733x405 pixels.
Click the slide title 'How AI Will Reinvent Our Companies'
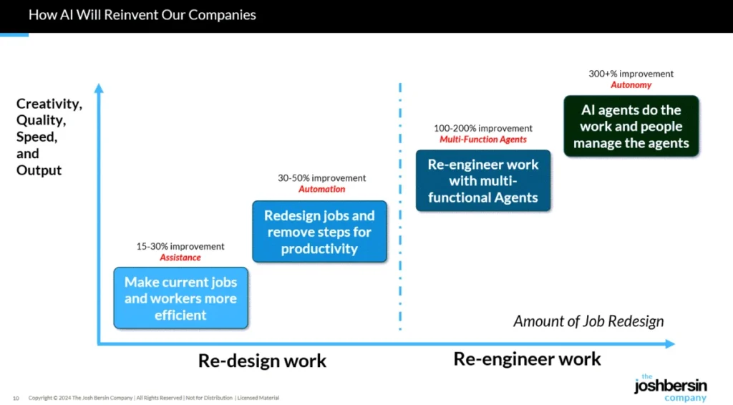point(142,15)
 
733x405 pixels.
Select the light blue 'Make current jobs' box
point(180,298)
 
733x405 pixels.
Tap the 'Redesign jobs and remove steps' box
point(319,232)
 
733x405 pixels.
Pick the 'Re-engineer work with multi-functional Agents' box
point(483,180)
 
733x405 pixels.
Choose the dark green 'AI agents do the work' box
point(631,126)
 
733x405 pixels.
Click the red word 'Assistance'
point(180,258)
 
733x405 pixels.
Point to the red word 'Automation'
point(321,190)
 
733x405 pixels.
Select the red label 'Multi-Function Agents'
point(483,140)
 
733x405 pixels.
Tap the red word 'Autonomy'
point(631,85)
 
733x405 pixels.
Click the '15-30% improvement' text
point(180,247)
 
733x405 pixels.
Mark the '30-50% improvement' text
point(321,178)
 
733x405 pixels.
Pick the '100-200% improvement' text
point(483,129)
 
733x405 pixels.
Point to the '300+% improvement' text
point(631,74)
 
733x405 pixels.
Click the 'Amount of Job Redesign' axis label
point(588,321)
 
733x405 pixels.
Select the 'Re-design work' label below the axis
point(262,361)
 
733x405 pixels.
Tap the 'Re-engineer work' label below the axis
point(528,359)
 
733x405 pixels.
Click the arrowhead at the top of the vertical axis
point(99,89)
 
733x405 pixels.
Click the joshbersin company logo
point(670,387)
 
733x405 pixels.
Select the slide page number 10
point(16,398)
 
